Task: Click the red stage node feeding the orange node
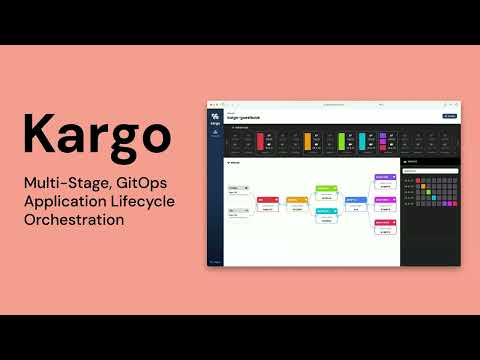click(267, 200)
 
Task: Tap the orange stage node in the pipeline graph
click(296, 200)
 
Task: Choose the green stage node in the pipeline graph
click(326, 187)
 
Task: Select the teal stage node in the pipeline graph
click(326, 211)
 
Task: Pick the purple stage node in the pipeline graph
click(385, 177)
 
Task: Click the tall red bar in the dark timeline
click(260, 142)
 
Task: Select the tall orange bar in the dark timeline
click(308, 142)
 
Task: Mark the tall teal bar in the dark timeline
click(361, 142)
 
